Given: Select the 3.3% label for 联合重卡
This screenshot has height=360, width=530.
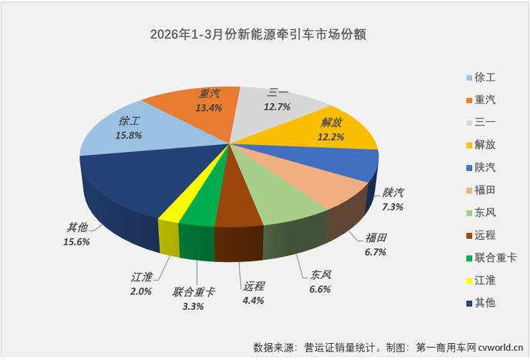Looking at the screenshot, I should pos(194,306).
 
